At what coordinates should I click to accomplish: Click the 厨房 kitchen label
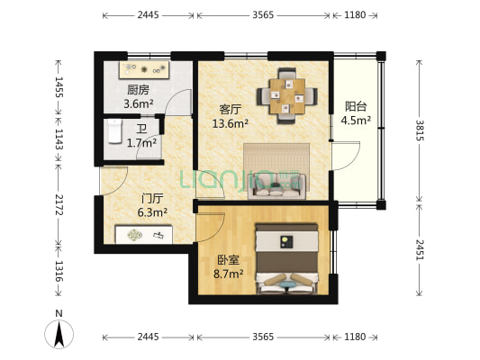point(138,90)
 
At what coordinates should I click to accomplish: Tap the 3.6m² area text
point(139,104)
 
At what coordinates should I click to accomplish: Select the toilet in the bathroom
point(115,131)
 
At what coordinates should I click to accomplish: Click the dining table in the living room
point(287,96)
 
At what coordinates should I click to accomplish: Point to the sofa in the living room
point(276,186)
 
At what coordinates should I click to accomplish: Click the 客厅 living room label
point(231,109)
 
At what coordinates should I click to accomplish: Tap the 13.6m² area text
point(231,123)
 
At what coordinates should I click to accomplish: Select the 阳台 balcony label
point(356,106)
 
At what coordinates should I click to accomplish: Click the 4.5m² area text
point(356,121)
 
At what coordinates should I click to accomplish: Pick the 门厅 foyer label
point(152,199)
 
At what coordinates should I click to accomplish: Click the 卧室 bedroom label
point(228,260)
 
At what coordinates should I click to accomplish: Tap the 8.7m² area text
point(229,274)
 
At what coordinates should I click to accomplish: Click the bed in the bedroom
point(287,259)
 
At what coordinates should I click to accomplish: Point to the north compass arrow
point(59,334)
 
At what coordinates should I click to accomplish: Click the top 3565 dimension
point(263,14)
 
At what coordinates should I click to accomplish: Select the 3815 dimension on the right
point(420,130)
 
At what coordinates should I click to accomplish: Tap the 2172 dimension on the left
point(59,204)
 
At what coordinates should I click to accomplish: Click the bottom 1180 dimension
point(355,337)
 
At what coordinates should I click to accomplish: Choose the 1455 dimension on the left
point(59,87)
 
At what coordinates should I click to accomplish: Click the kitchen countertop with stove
point(144,70)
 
